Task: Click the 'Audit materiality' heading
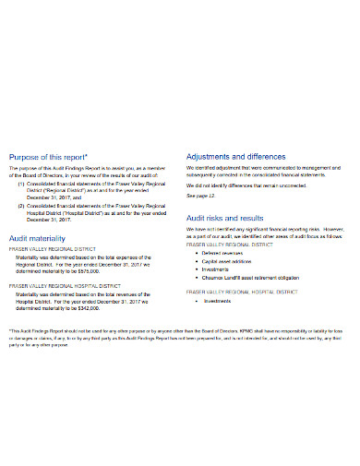[x=42, y=236]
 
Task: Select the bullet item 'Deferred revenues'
[x=227, y=251]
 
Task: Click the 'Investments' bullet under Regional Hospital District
[x=218, y=301]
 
